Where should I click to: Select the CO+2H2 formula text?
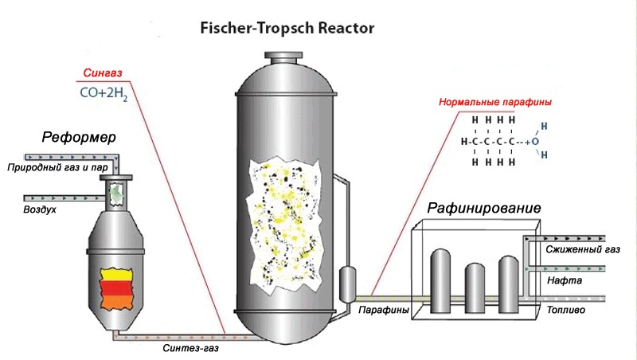point(104,93)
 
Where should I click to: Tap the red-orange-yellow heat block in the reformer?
point(116,291)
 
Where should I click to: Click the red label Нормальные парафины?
point(495,103)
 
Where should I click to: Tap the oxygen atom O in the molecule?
point(535,141)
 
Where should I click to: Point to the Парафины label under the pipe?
point(384,309)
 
